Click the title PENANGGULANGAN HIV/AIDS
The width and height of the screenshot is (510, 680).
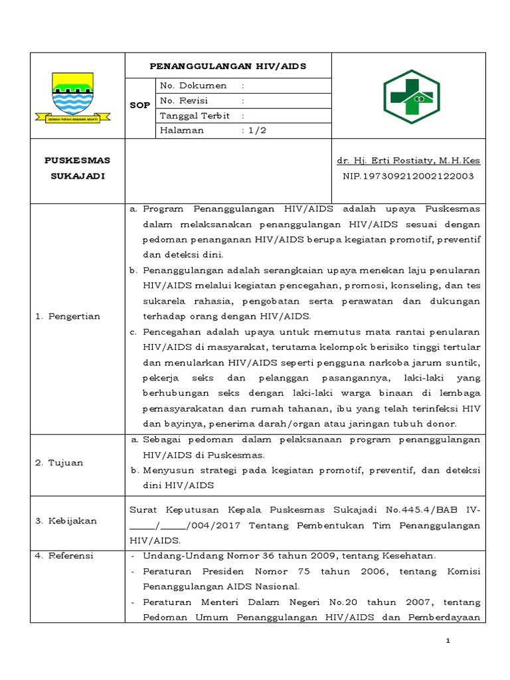pyautogui.click(x=228, y=66)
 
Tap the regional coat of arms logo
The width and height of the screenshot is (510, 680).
pyautogui.click(x=72, y=97)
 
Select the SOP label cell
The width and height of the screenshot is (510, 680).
pyautogui.click(x=139, y=106)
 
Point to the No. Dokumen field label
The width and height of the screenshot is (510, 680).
pyautogui.click(x=193, y=86)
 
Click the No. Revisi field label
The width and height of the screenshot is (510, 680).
pyautogui.click(x=184, y=101)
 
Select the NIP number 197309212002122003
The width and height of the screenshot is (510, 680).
pyautogui.click(x=408, y=175)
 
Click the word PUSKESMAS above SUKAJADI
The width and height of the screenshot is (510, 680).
pyautogui.click(x=77, y=161)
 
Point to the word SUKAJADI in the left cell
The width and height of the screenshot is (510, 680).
pyautogui.click(x=77, y=175)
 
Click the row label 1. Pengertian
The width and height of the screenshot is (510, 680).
pyautogui.click(x=68, y=316)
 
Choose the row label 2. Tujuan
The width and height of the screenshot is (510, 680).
pyautogui.click(x=59, y=463)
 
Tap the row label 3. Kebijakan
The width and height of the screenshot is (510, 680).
pyautogui.click(x=66, y=521)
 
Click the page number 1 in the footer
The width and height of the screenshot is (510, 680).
pyautogui.click(x=448, y=640)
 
